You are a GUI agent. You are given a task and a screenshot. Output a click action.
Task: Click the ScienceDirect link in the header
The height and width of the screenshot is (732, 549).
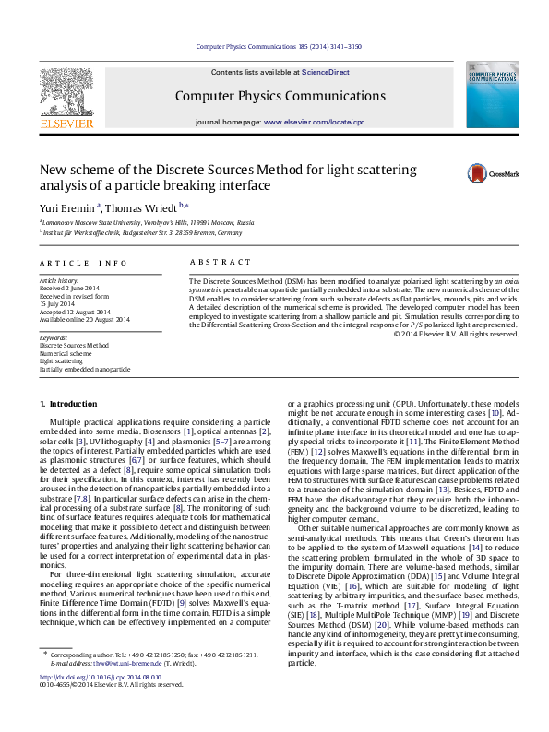[325, 72]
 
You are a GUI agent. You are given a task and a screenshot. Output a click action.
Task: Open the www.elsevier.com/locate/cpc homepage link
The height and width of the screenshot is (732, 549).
[314, 122]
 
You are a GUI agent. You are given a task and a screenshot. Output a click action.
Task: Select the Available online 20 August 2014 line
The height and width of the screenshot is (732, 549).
[84, 319]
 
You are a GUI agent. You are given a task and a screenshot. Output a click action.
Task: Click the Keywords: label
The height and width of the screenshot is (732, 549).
[53, 337]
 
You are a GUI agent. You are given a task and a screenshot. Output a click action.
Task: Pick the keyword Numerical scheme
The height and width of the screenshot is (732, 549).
[66, 353]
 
